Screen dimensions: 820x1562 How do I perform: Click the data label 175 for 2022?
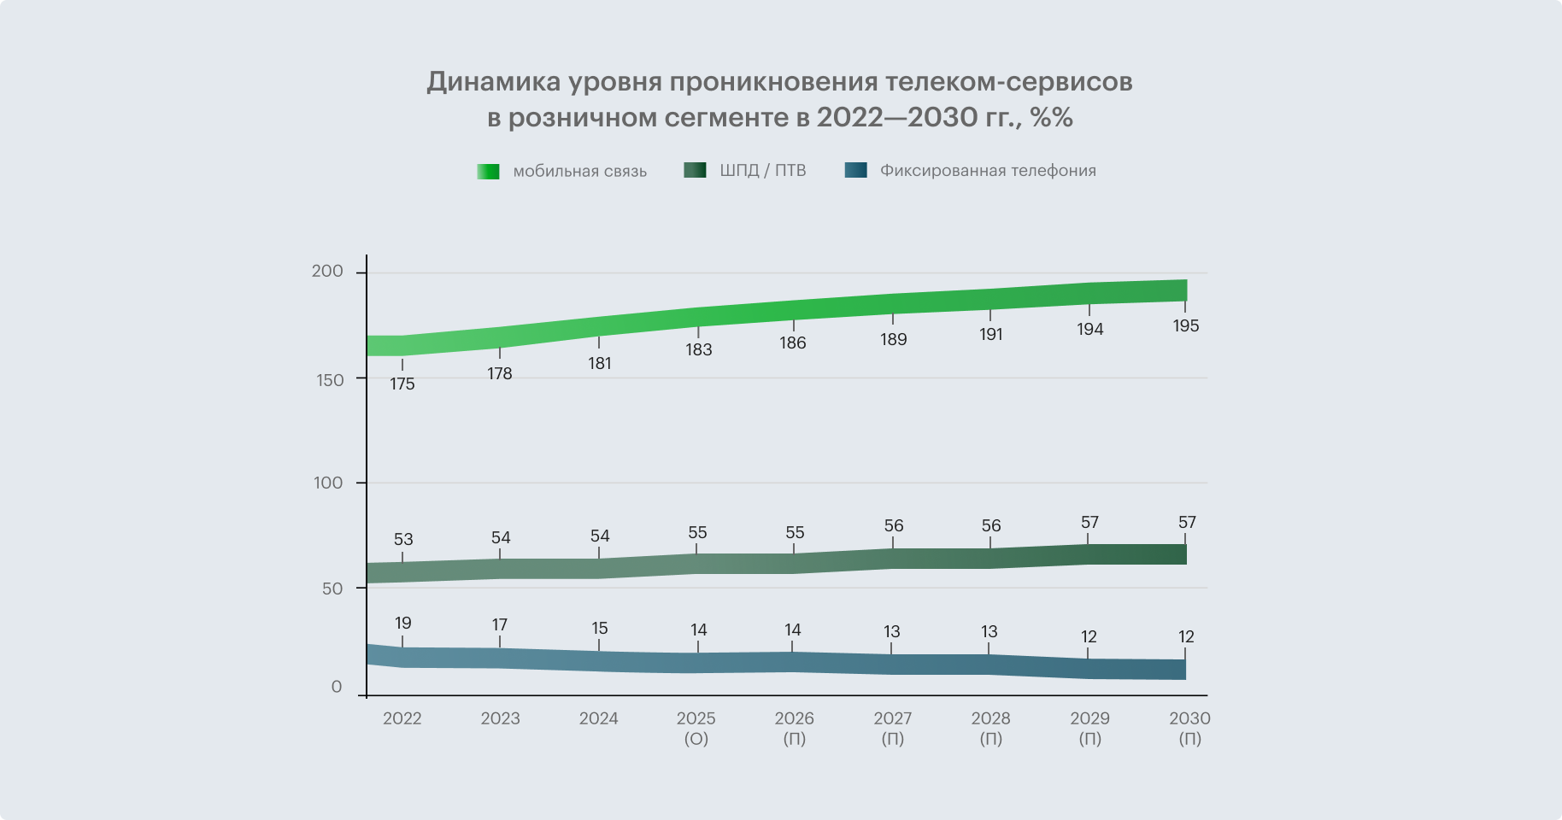coord(402,384)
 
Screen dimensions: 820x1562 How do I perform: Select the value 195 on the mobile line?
coord(1186,326)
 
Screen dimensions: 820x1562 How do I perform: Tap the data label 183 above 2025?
coord(698,350)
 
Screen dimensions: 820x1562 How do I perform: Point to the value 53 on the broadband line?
coord(403,540)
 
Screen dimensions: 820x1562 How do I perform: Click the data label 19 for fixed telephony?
coord(403,624)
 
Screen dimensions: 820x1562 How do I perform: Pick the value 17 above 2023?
coord(500,625)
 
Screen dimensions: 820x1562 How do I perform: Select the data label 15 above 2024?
coord(600,629)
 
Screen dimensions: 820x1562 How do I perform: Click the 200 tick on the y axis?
coord(327,272)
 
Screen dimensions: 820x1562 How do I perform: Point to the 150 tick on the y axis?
coord(330,380)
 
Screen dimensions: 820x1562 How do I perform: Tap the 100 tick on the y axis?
coord(328,483)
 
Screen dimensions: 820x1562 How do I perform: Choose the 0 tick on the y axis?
coord(337,687)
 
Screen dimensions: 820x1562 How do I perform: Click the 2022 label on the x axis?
coord(402,718)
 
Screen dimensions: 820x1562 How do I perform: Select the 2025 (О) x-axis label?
coord(696,728)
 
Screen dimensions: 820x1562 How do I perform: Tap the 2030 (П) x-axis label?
coord(1189,728)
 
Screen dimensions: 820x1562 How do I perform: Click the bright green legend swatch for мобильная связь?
coord(488,172)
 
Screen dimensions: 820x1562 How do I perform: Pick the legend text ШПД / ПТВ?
coord(763,171)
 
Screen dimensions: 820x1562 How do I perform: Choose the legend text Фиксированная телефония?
coord(988,171)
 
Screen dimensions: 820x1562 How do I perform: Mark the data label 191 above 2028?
coord(991,335)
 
